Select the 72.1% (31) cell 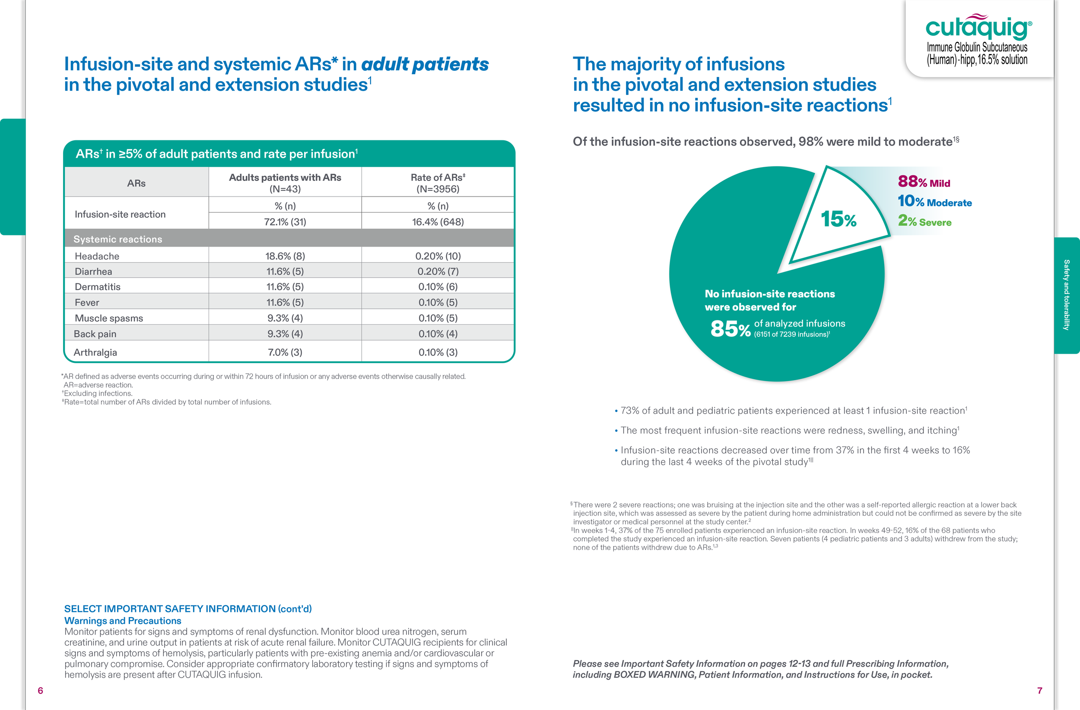(285, 222)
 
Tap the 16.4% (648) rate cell (438, 222)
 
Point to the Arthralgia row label (95, 352)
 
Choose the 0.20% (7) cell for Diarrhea (438, 271)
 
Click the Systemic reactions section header (118, 239)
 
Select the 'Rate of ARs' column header (438, 183)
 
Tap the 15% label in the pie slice (838, 219)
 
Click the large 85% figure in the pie (730, 329)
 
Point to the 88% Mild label (924, 181)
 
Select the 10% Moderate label (935, 201)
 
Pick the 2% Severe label (924, 221)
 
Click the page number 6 (40, 691)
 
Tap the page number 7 (1040, 691)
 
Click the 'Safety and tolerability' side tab (1066, 295)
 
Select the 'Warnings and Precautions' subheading (123, 621)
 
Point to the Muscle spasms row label (109, 318)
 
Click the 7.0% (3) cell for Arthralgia (285, 352)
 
